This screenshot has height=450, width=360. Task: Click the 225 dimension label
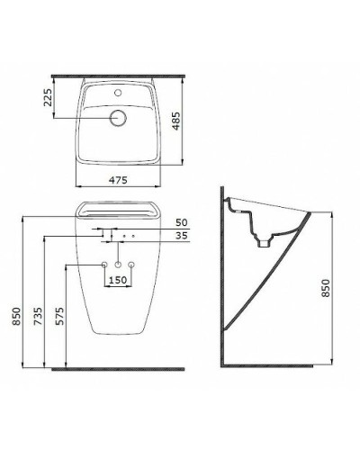(x=48, y=97)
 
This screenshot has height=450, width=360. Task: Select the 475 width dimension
(x=118, y=180)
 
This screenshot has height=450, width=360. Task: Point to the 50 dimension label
(x=181, y=222)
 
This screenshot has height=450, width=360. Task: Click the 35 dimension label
(x=181, y=236)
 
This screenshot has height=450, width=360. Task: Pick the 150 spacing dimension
(x=118, y=280)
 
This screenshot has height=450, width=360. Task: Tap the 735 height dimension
(x=38, y=316)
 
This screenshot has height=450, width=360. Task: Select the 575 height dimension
(x=59, y=316)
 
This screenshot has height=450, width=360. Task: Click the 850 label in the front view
(x=16, y=316)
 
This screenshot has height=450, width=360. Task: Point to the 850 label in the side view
(x=326, y=288)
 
